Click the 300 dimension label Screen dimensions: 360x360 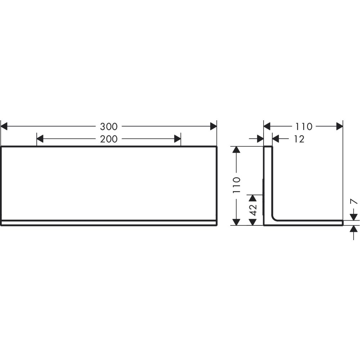click(x=109, y=126)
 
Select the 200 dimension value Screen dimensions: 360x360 click(x=109, y=139)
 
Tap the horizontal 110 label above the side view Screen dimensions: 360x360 click(x=303, y=126)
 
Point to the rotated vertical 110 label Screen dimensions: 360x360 click(x=237, y=185)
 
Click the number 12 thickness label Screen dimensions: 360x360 click(x=299, y=139)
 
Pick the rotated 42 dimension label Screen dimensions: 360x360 click(x=253, y=210)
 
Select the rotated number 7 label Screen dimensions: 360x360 click(x=354, y=201)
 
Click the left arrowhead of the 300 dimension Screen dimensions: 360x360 click(x=4, y=126)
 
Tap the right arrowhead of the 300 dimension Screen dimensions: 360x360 click(x=213, y=126)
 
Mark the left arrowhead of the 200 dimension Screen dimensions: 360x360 click(x=40, y=139)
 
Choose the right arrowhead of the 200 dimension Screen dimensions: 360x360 click(x=177, y=139)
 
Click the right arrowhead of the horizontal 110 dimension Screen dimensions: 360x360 click(x=339, y=126)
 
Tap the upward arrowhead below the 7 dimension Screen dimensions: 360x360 click(x=354, y=229)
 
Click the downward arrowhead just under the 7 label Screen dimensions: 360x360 click(x=354, y=216)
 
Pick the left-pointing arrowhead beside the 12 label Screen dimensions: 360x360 click(x=276, y=139)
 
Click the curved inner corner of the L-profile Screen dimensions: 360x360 click(x=274, y=218)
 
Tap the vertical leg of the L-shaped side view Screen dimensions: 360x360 click(x=268, y=180)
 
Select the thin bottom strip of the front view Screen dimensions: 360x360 click(x=109, y=222)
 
